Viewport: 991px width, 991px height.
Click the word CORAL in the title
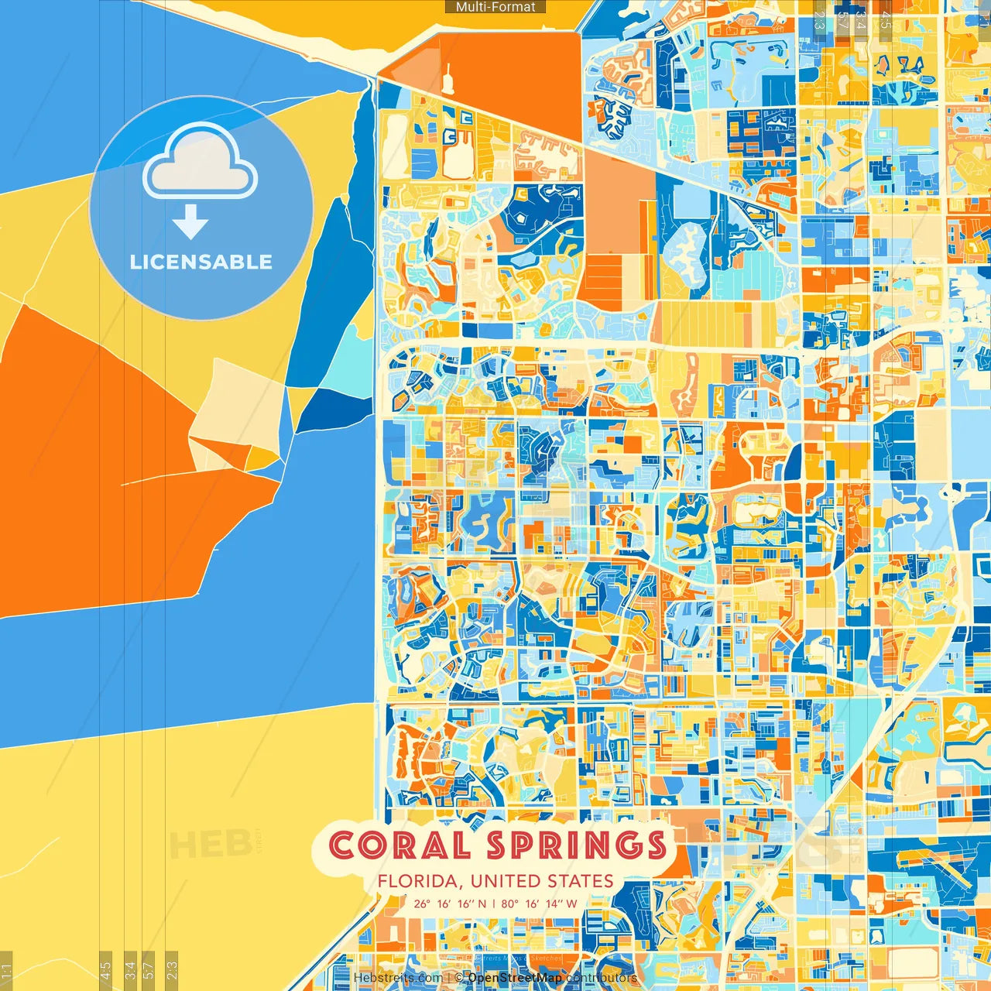(x=399, y=845)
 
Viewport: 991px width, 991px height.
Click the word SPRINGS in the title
(x=577, y=845)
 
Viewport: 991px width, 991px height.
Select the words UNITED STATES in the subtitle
(x=542, y=881)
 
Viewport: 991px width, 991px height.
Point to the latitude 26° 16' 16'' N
(x=450, y=904)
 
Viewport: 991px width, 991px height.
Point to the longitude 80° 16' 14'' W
(x=539, y=904)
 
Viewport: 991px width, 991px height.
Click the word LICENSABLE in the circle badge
(x=201, y=262)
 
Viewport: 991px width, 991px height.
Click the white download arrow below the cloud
(x=190, y=223)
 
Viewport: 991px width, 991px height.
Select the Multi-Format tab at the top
(x=495, y=7)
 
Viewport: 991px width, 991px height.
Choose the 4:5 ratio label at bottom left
(x=106, y=968)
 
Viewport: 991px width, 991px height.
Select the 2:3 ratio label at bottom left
(x=172, y=968)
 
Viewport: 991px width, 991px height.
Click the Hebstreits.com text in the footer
(x=398, y=978)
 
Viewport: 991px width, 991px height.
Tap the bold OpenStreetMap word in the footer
(x=515, y=978)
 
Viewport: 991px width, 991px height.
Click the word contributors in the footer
(x=602, y=978)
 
